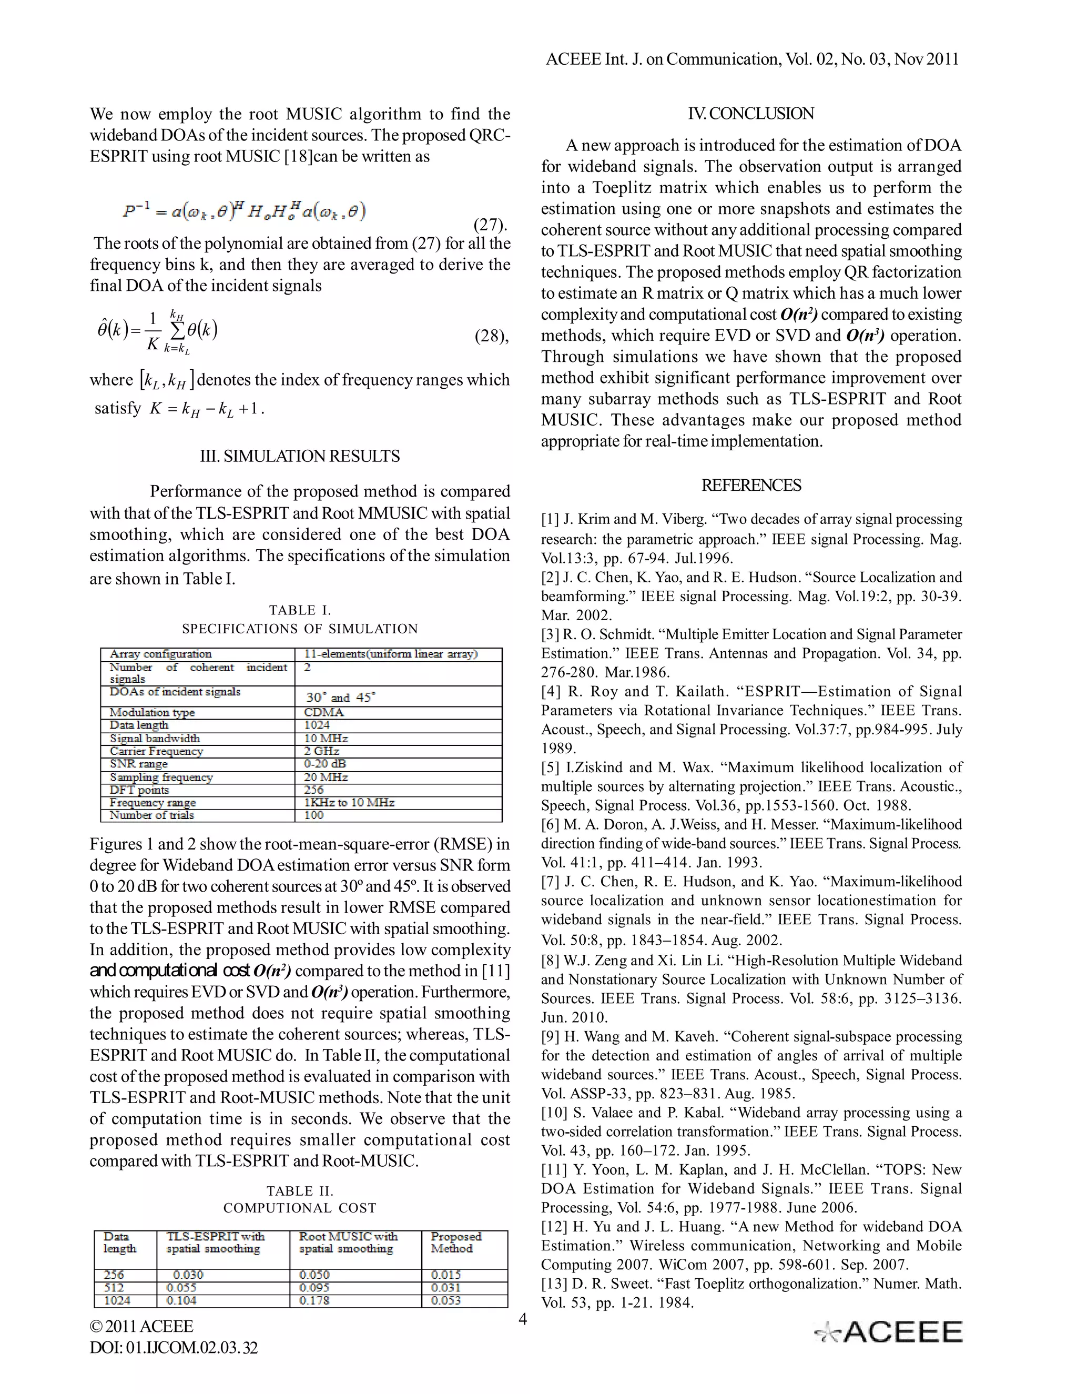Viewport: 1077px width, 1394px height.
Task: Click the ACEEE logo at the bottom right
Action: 888,1332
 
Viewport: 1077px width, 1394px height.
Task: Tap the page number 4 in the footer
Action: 523,1319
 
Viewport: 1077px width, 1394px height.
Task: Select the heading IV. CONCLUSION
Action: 750,114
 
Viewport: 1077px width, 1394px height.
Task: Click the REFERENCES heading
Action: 750,485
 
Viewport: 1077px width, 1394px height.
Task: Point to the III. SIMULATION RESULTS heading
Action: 300,456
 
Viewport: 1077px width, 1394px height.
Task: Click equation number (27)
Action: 490,225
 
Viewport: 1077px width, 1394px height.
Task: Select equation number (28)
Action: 491,336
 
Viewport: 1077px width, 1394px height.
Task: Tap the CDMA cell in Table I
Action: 323,712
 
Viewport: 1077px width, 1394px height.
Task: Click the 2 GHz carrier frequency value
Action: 321,751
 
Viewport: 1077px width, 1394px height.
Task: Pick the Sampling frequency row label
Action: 161,777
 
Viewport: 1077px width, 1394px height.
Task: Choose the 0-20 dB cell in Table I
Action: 325,764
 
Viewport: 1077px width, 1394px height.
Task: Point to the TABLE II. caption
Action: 300,1191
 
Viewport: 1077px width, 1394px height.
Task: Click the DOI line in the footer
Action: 174,1347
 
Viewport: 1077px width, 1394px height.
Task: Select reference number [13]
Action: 551,1284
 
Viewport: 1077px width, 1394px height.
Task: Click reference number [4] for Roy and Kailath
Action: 551,692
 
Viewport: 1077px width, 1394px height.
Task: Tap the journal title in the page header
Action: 751,59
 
